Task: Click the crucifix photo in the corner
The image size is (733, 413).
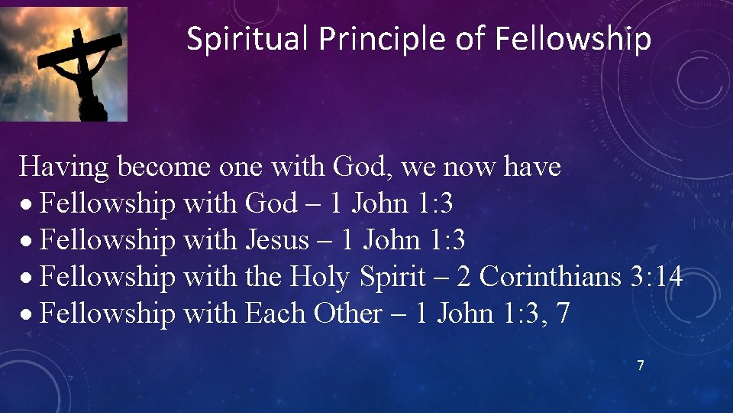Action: point(64,64)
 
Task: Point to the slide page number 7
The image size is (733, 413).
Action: point(641,366)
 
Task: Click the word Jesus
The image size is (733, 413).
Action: point(276,240)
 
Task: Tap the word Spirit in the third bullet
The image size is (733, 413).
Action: point(391,277)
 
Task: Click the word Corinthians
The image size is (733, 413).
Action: point(551,277)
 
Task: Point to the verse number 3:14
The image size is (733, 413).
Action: point(657,277)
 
